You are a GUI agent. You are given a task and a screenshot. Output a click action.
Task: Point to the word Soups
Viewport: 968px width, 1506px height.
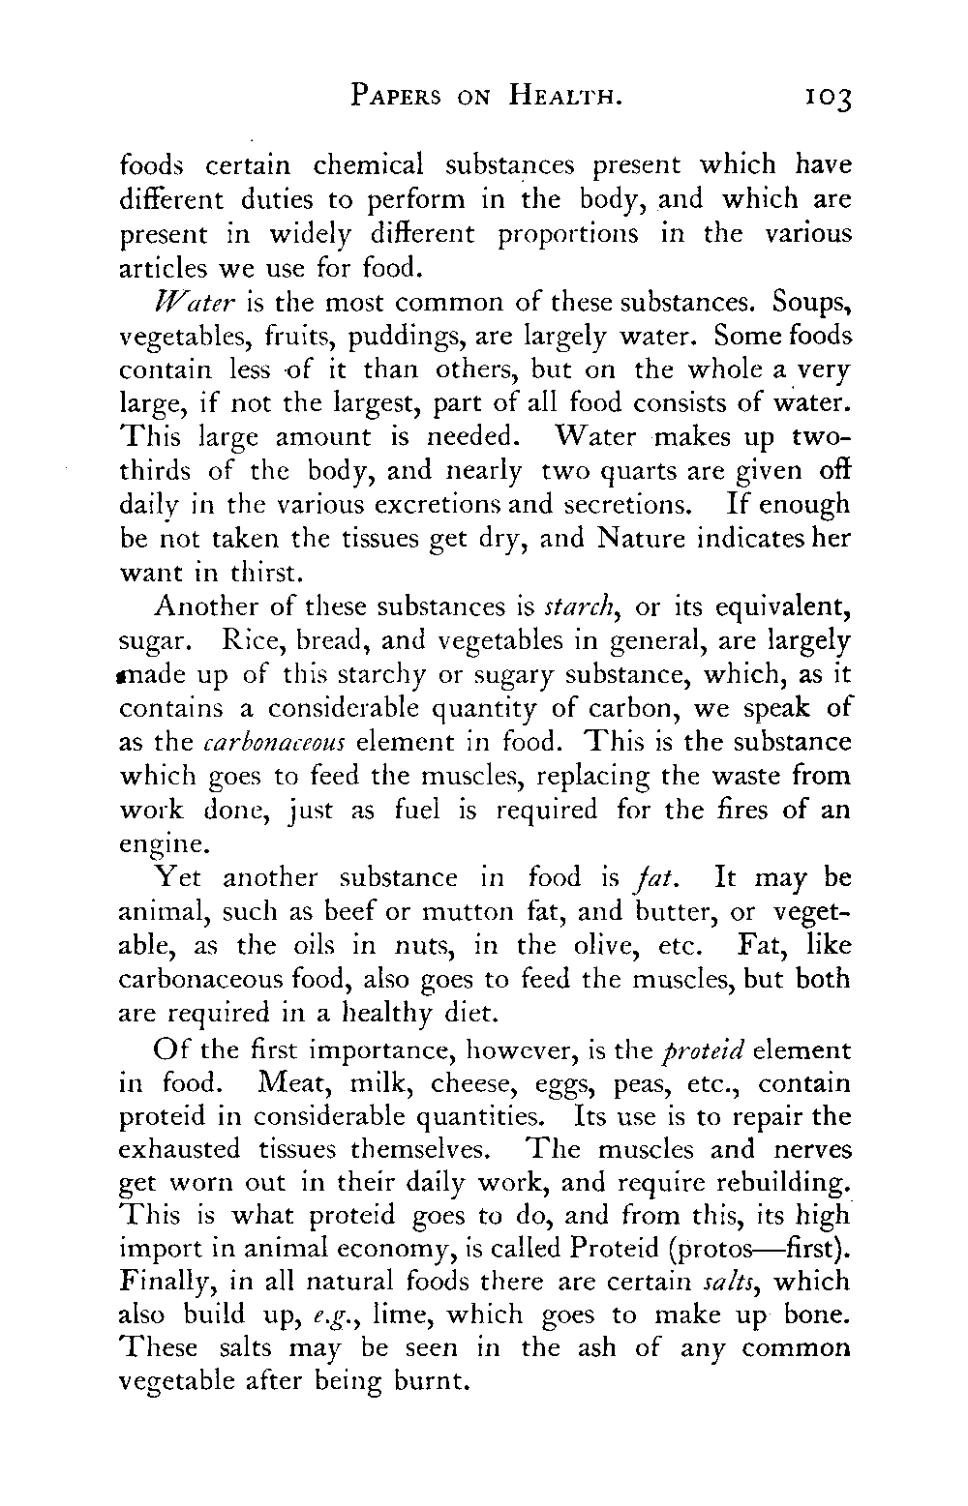811,303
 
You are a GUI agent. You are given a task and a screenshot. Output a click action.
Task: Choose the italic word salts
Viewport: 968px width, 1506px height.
730,1283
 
